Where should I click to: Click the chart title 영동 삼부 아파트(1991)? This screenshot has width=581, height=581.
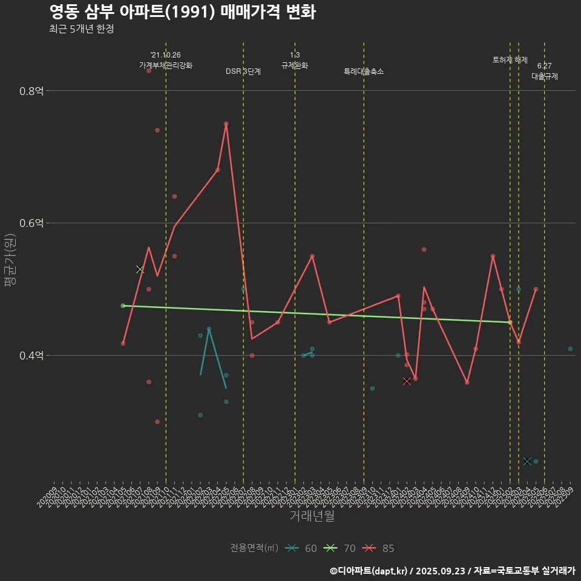coord(182,12)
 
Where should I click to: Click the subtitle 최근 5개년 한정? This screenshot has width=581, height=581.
coord(82,29)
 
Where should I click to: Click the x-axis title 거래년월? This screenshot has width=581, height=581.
coord(312,516)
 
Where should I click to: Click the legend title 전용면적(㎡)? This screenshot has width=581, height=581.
coord(254,548)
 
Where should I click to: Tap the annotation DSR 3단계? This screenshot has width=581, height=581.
coord(243,71)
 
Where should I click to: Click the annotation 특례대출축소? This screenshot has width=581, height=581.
coord(364,71)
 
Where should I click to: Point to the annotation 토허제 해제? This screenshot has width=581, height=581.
coord(510,60)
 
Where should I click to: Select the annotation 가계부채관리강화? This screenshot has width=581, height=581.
coord(166,65)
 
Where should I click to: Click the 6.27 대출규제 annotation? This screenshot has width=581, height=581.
coord(545,71)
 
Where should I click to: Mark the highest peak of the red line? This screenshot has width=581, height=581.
coord(226,124)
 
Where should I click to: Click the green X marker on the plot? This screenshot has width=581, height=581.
coord(140,269)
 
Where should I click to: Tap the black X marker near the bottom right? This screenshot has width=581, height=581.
coord(527,461)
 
